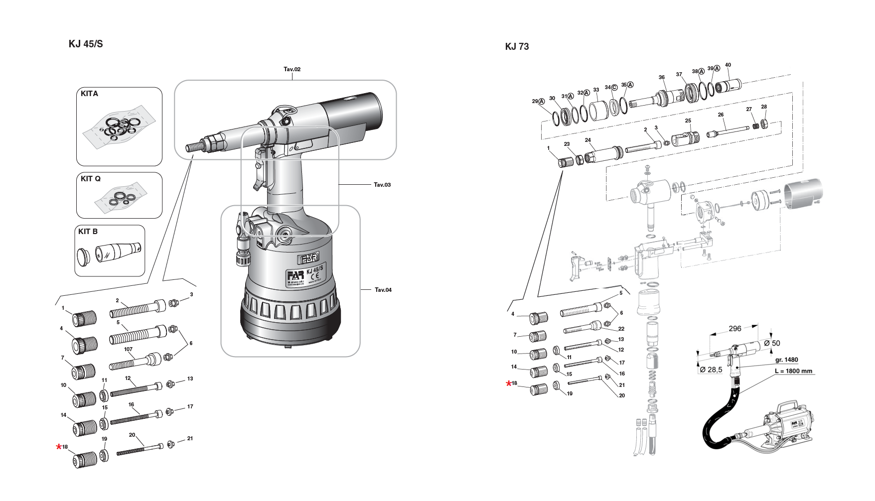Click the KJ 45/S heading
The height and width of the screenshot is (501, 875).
tap(86, 44)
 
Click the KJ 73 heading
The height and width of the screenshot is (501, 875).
tap(517, 47)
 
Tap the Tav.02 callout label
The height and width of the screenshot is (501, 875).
tap(292, 69)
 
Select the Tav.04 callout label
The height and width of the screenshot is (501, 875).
tap(383, 290)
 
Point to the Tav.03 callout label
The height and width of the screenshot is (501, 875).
tap(382, 185)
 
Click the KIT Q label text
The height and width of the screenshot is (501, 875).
tap(91, 179)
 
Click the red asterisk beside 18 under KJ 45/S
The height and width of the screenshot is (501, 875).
tap(59, 447)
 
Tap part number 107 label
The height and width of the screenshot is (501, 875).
tap(128, 349)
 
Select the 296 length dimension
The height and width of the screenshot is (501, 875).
tap(735, 329)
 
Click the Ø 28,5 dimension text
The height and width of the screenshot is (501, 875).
tap(711, 370)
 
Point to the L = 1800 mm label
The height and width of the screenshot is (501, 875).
tap(793, 371)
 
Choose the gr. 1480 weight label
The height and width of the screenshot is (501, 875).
tap(786, 360)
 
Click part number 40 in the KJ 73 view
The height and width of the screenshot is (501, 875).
tap(728, 65)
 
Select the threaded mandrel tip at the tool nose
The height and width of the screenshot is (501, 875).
tap(192, 148)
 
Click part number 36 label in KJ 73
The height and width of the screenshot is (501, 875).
tap(661, 77)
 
